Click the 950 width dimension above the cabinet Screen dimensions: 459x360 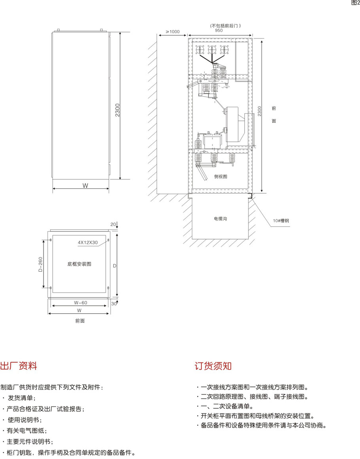tap(218, 30)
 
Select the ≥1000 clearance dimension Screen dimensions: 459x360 tap(172, 32)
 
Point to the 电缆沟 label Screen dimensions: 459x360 tap(220, 219)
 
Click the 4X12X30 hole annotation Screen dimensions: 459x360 tap(88, 242)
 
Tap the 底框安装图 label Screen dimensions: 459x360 tap(80, 264)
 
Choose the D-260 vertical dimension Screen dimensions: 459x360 tap(40, 264)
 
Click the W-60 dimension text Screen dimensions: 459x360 tap(80, 303)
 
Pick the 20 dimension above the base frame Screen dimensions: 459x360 tap(113, 225)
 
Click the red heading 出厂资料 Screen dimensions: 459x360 tap(19, 366)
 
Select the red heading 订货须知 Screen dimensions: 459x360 tap(213, 366)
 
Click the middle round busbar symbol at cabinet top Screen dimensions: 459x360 tap(212, 50)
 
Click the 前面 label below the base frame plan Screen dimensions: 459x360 tap(80, 321)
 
